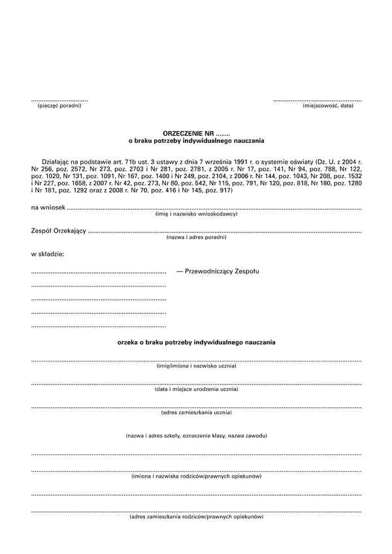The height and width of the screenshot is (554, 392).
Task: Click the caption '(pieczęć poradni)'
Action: click(x=59, y=106)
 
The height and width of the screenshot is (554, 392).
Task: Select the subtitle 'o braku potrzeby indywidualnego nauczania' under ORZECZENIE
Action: click(x=196, y=140)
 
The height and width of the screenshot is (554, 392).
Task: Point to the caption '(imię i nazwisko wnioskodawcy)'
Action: click(x=196, y=214)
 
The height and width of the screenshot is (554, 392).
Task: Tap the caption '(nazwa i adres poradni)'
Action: click(x=196, y=238)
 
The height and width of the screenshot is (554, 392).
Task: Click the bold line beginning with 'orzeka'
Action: click(x=196, y=342)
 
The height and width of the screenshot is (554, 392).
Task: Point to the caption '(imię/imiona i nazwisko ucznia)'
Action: click(x=196, y=367)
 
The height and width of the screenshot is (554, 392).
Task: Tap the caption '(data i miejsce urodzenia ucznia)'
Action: click(x=196, y=390)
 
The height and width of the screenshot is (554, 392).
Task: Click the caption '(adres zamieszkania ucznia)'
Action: click(x=196, y=412)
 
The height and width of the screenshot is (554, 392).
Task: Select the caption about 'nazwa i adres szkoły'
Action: click(x=196, y=435)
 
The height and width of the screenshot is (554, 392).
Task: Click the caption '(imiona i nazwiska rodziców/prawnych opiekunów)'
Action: click(x=196, y=477)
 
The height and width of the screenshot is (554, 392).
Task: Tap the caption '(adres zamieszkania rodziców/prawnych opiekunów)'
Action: click(x=196, y=517)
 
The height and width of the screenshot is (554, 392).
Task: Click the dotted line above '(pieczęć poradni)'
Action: click(x=59, y=100)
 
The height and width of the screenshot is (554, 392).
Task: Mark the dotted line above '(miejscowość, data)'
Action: click(x=318, y=100)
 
